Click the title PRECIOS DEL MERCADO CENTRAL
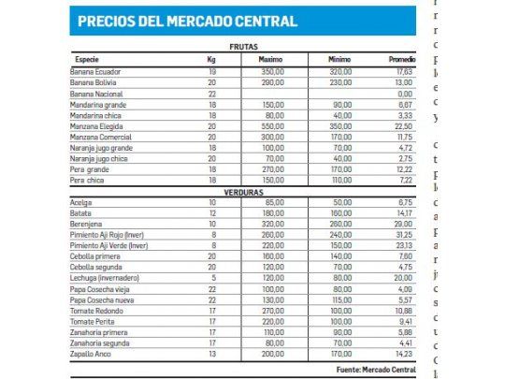pyautogui.click(x=188, y=22)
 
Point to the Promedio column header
pyautogui.click(x=401, y=59)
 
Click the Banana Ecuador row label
pyautogui.click(x=97, y=71)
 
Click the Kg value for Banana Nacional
pyautogui.click(x=211, y=93)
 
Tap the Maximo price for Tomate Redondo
pyautogui.click(x=272, y=311)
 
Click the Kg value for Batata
pyautogui.click(x=211, y=213)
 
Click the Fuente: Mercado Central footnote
pyautogui.click(x=374, y=369)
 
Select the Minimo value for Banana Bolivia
pyautogui.click(x=341, y=82)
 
